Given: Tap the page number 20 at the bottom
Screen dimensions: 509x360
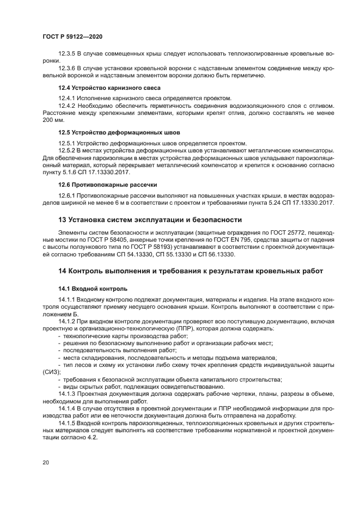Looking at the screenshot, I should (45, 462).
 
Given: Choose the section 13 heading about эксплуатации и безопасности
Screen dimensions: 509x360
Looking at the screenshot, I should (150, 219).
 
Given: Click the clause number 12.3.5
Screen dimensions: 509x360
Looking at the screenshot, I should (68, 54).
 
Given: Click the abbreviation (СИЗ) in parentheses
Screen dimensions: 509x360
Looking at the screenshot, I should (50, 372).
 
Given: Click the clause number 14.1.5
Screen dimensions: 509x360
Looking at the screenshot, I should (68, 422).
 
